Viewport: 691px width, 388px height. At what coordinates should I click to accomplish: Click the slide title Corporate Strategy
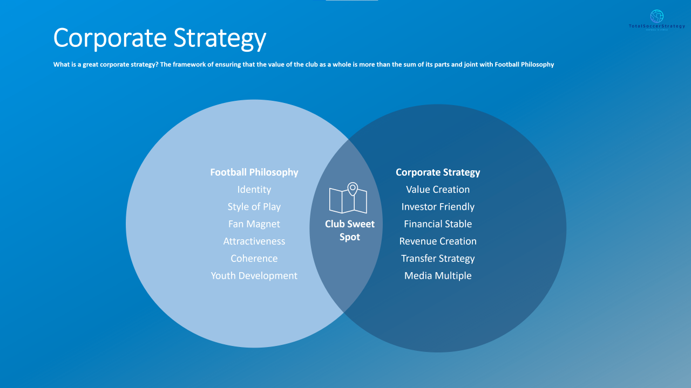pos(160,38)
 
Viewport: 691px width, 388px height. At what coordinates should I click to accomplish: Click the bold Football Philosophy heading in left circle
pos(254,172)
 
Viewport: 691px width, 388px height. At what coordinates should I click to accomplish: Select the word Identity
pos(254,190)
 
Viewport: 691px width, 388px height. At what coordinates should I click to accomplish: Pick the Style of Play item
pos(254,207)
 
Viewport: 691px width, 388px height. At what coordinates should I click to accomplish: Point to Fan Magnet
pos(254,224)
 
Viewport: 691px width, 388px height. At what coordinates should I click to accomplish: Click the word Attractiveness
pos(254,241)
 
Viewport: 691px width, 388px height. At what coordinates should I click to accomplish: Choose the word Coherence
pos(254,259)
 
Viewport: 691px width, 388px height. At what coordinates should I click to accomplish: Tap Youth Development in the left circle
pos(254,276)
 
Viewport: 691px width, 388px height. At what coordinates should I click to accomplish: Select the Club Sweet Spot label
pos(349,231)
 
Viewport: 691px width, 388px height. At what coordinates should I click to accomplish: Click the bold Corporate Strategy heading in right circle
pos(438,172)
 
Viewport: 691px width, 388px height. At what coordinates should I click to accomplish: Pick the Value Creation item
pos(438,190)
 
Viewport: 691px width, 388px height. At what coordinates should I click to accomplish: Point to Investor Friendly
pos(438,207)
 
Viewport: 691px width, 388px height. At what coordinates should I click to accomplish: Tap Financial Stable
pos(438,224)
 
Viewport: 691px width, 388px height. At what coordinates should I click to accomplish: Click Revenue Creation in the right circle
pos(438,241)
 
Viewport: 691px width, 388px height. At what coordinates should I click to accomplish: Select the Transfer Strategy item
pos(438,259)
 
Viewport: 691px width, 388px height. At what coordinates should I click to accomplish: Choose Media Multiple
pos(438,276)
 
